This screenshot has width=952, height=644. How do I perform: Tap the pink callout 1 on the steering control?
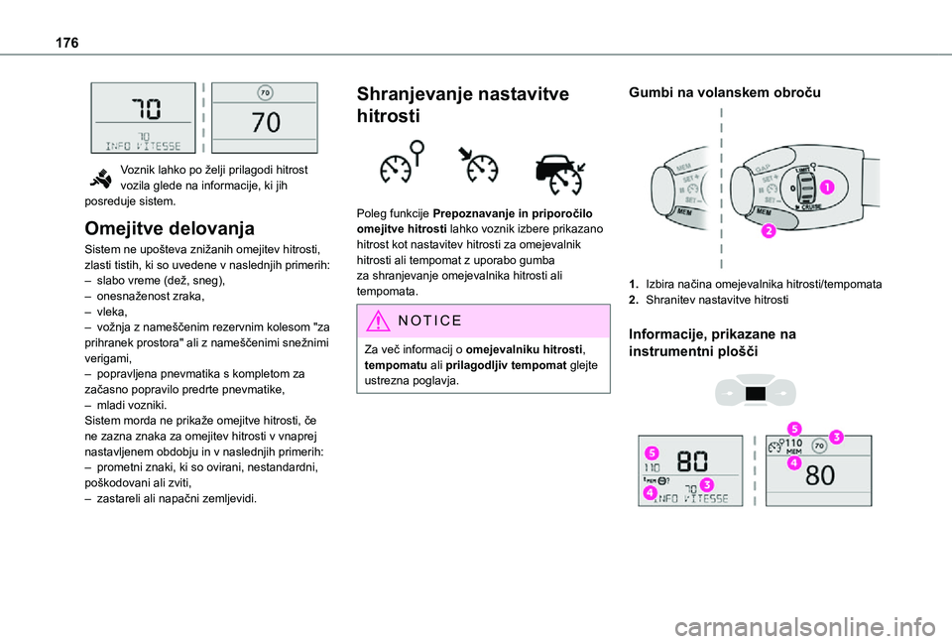tap(825, 187)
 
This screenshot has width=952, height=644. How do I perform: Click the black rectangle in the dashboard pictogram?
tap(756, 394)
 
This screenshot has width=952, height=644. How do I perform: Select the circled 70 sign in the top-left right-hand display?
tap(265, 93)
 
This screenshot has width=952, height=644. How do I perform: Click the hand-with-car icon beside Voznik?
tap(102, 178)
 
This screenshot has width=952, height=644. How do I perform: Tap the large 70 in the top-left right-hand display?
tap(266, 122)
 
